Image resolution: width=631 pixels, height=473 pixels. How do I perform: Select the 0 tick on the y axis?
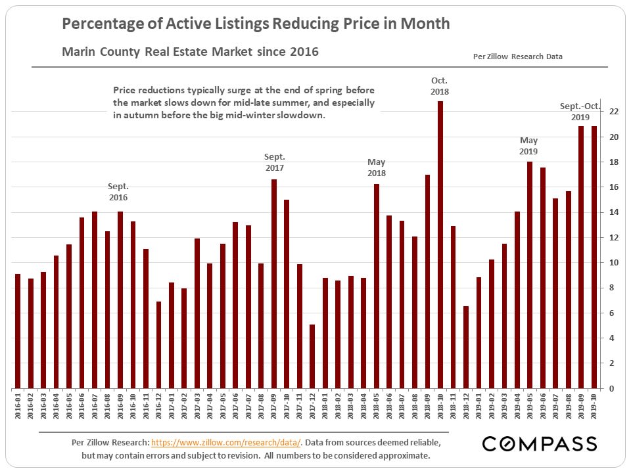tap(612, 388)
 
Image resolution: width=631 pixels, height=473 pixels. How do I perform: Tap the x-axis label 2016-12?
tap(158, 404)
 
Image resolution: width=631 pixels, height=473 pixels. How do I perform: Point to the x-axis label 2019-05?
tap(530, 404)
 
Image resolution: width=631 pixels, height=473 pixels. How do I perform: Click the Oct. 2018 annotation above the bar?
tap(440, 86)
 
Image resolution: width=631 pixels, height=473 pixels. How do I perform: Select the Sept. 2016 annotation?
tap(118, 192)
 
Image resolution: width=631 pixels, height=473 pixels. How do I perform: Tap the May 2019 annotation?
tap(529, 146)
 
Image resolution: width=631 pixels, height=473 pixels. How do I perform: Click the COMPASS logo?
tap(540, 444)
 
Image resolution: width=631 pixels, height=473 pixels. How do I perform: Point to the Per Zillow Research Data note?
tap(518, 56)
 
